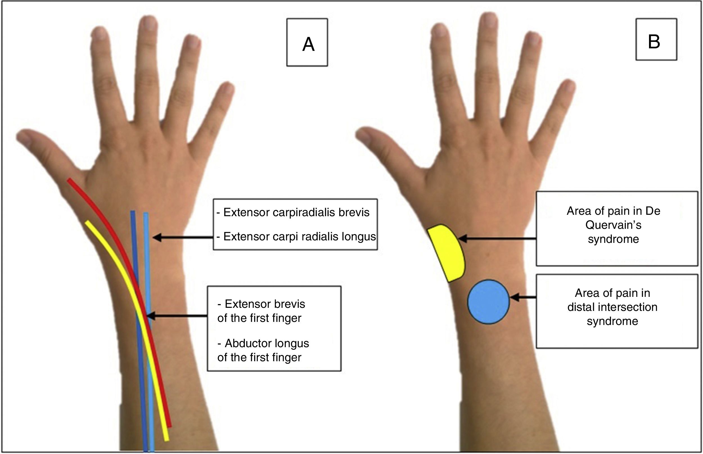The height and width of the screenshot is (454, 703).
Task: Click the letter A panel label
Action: click(308, 44)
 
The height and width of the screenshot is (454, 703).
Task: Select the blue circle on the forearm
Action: click(488, 302)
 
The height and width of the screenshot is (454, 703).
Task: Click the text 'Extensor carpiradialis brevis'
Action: click(296, 212)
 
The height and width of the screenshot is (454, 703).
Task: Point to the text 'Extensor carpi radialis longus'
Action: click(299, 236)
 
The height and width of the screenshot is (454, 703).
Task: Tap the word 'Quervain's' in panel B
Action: click(613, 225)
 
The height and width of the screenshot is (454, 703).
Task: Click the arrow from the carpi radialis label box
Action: click(183, 237)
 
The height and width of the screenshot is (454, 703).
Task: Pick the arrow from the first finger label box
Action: click(177, 316)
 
